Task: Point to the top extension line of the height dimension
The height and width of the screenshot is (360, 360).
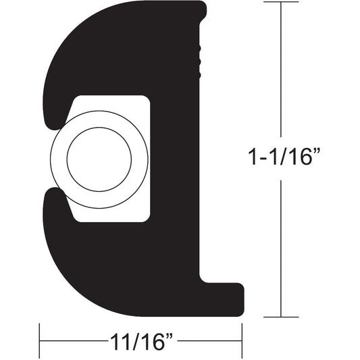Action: [280, 3]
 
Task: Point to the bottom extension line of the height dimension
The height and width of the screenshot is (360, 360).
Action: [280, 316]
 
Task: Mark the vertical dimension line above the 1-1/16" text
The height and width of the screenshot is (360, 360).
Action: [280, 74]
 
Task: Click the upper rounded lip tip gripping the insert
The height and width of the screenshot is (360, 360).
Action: [51, 122]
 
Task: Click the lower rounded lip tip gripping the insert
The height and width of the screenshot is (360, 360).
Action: [51, 196]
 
